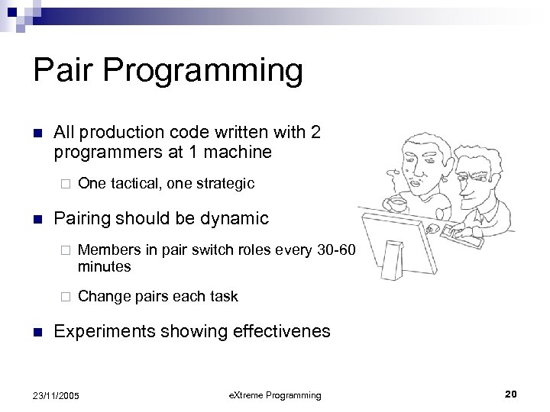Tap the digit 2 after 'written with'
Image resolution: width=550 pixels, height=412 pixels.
click(x=315, y=131)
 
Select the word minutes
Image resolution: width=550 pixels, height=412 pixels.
click(x=105, y=266)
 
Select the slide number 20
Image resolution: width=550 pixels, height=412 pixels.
click(x=511, y=393)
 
